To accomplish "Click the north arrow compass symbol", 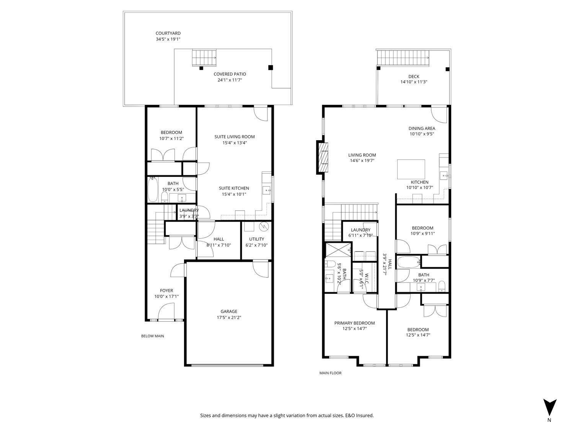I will (550, 407).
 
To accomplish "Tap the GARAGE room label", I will (229, 312).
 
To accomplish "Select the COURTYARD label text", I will (168, 33).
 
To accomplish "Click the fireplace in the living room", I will (322, 157).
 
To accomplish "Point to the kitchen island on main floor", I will (411, 169).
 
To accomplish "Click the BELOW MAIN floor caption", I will (152, 336).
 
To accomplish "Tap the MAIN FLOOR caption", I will (330, 373).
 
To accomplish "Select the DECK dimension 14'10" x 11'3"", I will (414, 82).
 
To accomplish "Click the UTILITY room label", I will (256, 239).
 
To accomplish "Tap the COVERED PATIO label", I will (230, 74).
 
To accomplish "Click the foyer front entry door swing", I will (166, 311).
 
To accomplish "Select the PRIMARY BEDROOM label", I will (354, 323).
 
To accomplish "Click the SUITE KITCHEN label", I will (234, 188).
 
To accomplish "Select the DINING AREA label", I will (422, 128).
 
